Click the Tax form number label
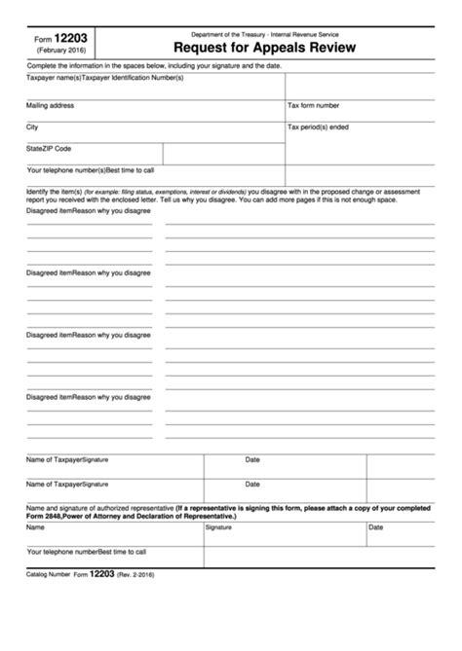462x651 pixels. click(314, 104)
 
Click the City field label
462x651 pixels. click(32, 127)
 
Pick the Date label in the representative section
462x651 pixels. click(375, 527)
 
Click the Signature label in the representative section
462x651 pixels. click(218, 527)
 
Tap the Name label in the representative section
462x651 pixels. click(35, 527)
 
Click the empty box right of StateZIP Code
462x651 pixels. click(223, 154)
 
